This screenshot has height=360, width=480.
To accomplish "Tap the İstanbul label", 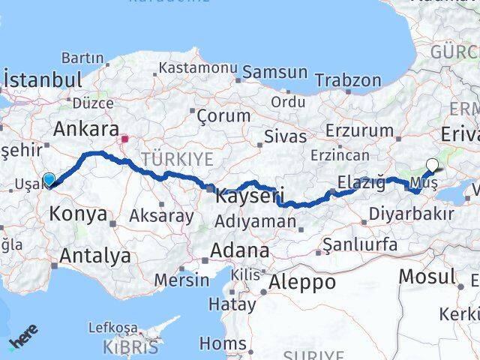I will (42, 79).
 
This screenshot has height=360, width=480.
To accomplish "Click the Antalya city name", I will (95, 256).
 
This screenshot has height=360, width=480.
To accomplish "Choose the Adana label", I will (240, 250).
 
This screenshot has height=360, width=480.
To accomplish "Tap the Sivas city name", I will (285, 136).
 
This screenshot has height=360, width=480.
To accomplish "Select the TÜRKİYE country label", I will (177, 159).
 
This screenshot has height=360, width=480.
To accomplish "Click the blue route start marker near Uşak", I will (49, 180).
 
